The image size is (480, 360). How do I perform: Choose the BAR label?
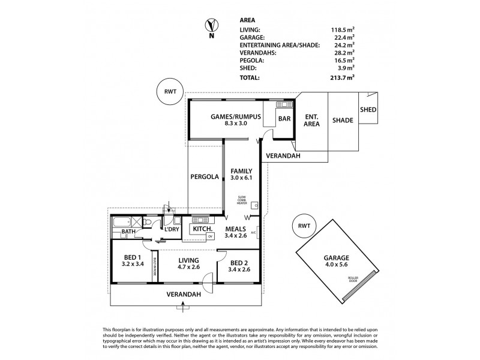click(284, 119)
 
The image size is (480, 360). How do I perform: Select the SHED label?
click(367, 110)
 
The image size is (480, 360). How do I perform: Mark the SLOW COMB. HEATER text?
click(242, 200)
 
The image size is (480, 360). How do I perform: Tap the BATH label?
click(128, 232)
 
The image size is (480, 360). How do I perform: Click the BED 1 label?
click(132, 261)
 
